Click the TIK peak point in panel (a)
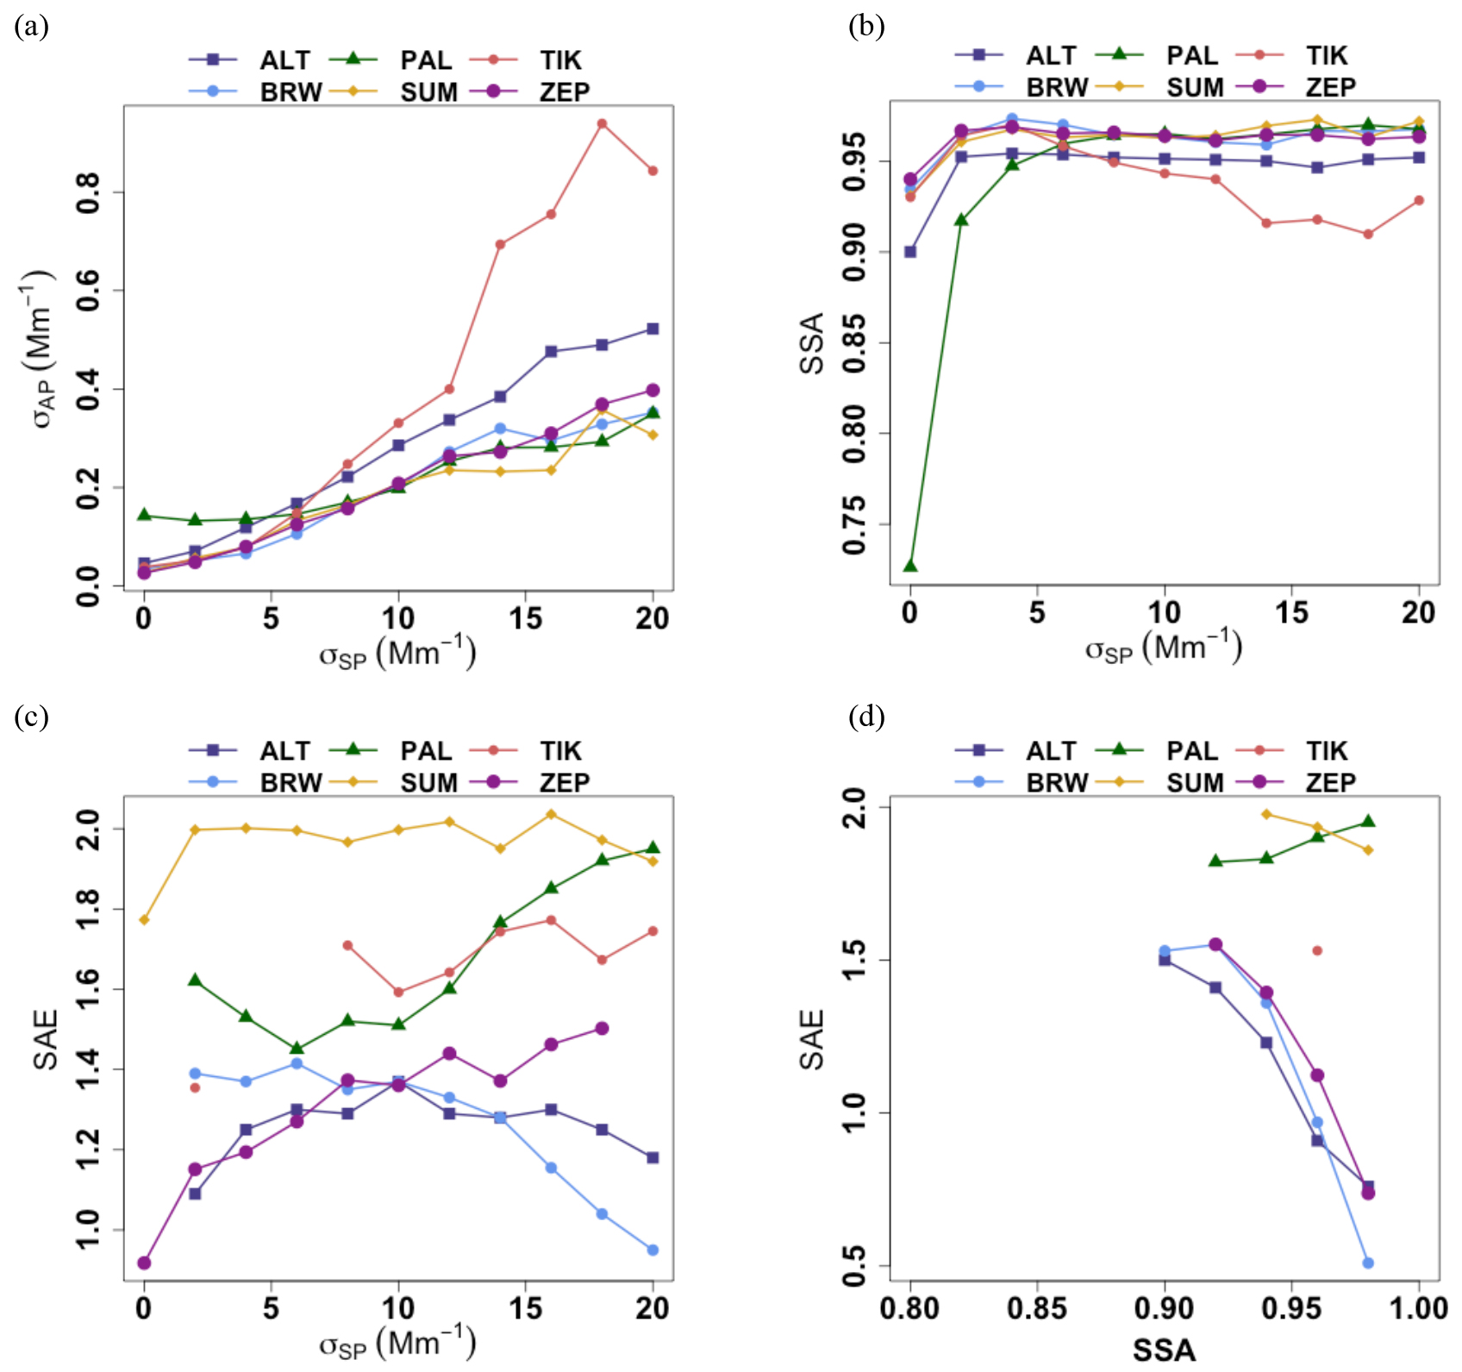coord(602,123)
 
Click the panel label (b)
coord(866,27)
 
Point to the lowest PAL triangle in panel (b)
coord(910,566)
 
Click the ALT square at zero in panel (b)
coord(910,252)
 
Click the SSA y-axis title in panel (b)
coord(812,342)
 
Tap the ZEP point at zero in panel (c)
coord(144,1262)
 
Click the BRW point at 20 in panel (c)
coord(653,1250)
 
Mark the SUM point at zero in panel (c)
coord(144,919)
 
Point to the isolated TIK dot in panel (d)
coord(1317,950)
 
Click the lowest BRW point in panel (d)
coord(1368,1262)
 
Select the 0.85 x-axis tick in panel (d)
coord(1037,1308)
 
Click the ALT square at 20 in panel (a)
coord(653,329)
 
